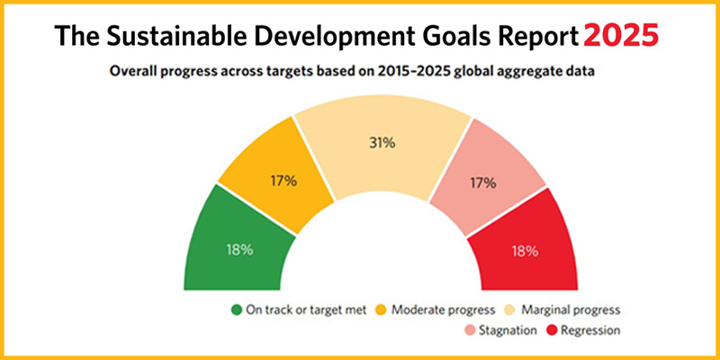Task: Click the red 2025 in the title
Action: [x=622, y=35]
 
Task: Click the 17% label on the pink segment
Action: [x=482, y=183]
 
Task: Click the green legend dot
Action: [x=237, y=310]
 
